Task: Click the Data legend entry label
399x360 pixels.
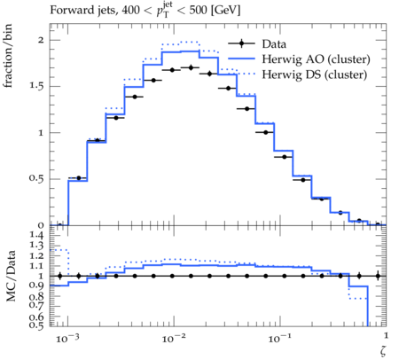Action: (274, 44)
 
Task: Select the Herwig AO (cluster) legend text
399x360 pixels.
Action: (316, 59)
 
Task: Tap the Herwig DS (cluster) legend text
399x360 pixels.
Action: (315, 74)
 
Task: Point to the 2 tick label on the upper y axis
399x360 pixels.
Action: (41, 40)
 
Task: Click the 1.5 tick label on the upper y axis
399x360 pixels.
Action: (36, 86)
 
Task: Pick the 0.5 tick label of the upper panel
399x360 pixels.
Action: (36, 178)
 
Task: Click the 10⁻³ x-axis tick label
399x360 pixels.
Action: (67, 338)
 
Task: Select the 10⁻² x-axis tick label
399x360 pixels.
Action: (174, 338)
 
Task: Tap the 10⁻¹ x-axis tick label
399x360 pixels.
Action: (279, 338)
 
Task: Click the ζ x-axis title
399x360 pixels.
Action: (383, 350)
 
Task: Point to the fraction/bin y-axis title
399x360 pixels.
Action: (8, 56)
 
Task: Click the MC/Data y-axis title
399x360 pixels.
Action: (11, 276)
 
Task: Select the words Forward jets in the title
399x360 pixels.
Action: (83, 11)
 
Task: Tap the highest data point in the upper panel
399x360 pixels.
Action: (191, 67)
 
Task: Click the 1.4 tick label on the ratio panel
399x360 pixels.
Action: (36, 235)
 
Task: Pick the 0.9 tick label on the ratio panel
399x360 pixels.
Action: (36, 286)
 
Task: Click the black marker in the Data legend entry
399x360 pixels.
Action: (241, 43)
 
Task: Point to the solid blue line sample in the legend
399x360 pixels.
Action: (241, 59)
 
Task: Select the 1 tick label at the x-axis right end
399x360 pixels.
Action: (386, 335)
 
